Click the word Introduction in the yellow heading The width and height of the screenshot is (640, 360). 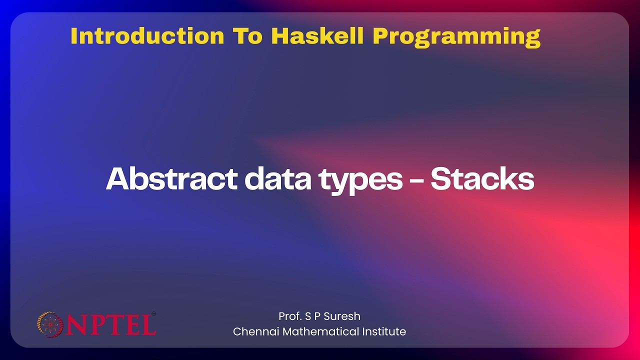click(x=147, y=36)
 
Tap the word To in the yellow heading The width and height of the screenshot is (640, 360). click(x=247, y=36)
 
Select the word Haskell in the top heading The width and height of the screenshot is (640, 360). click(x=317, y=36)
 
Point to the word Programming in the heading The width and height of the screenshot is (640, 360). click(x=456, y=37)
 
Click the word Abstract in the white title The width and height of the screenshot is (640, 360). click(x=171, y=179)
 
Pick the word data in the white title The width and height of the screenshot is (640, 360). click(x=278, y=179)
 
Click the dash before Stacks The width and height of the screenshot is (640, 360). click(x=416, y=181)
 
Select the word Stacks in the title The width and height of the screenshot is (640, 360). click(x=482, y=179)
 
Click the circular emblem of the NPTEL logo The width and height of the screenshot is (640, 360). click(x=50, y=324)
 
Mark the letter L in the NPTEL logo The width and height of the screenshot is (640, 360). click(x=148, y=324)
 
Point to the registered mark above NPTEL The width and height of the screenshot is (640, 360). click(x=153, y=313)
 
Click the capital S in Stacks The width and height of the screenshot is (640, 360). click(x=441, y=179)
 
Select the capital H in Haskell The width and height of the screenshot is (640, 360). click(x=281, y=36)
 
